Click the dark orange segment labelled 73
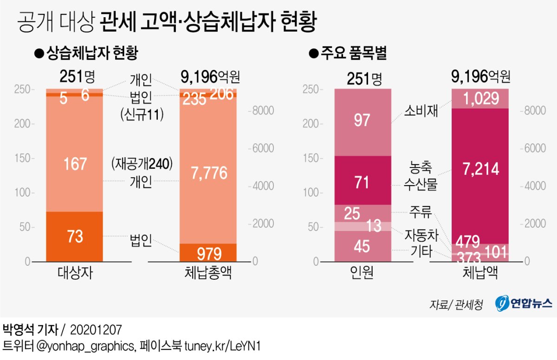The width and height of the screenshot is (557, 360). pyautogui.click(x=74, y=237)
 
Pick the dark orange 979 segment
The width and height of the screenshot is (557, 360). pyautogui.click(x=208, y=253)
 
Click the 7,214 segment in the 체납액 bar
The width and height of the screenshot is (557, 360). pyautogui.click(x=480, y=169)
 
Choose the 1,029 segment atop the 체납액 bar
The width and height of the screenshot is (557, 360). pyautogui.click(x=480, y=98)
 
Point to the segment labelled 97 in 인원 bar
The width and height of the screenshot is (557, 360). pyautogui.click(x=362, y=121)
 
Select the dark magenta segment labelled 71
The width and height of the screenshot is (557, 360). pyautogui.click(x=362, y=181)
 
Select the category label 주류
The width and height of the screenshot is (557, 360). pyautogui.click(x=420, y=214)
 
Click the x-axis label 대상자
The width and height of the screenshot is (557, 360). pyautogui.click(x=75, y=273)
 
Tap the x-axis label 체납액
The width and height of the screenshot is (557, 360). pyautogui.click(x=480, y=273)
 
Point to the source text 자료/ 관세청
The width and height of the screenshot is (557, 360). pyautogui.click(x=456, y=304)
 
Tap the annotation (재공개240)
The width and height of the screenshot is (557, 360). pyautogui.click(x=142, y=163)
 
